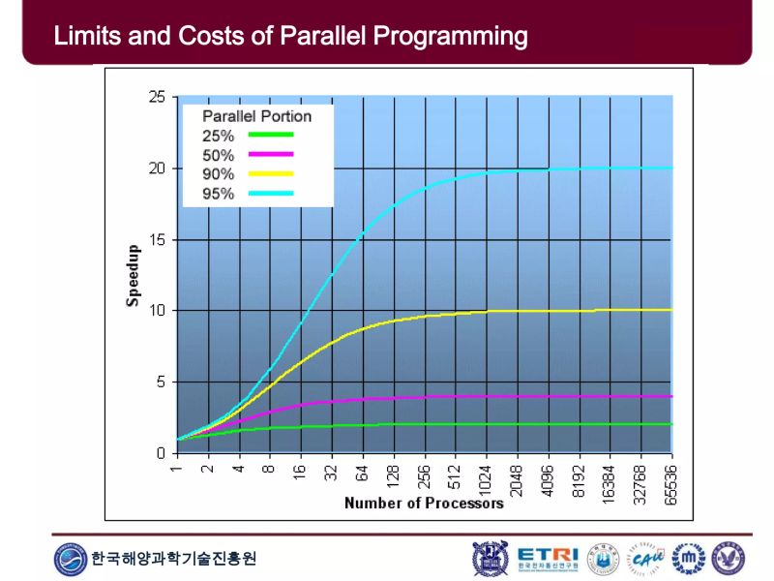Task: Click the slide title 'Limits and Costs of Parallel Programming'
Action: (290, 37)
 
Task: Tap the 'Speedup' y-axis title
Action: (134, 275)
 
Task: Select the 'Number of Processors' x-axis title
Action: (424, 503)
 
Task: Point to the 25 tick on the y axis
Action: (156, 97)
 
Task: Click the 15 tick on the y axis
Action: (156, 239)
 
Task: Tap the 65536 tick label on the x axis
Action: (671, 481)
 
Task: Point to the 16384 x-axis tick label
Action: (610, 481)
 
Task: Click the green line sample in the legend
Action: (270, 136)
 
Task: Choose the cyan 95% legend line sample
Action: (270, 194)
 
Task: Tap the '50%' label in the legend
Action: (218, 155)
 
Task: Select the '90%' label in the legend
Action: (218, 174)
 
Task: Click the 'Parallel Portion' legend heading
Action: (256, 116)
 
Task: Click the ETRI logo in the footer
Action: (547, 558)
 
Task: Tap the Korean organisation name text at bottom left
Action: (174, 559)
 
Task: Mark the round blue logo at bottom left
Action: (71, 559)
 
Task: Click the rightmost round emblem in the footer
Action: (728, 558)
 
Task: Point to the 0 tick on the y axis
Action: (161, 453)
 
